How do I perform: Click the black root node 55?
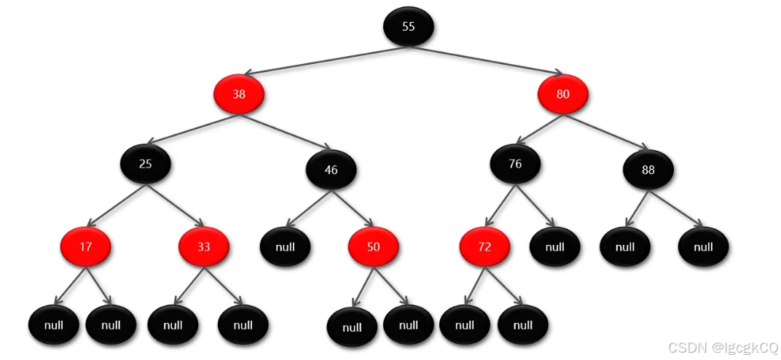408,27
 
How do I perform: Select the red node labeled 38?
238,95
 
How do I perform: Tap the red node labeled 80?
562,95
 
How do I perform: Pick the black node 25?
146,164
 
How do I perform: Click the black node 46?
331,170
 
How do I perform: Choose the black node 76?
515,164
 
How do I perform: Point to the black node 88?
648,171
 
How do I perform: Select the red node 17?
86,247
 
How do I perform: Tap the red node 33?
204,247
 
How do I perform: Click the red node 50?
373,247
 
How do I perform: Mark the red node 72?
484,247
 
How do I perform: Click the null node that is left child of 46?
285,247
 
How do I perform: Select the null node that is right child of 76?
554,247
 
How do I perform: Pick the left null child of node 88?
624,247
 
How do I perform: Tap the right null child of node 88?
703,247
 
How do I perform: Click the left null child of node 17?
54,325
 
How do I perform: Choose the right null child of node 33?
243,325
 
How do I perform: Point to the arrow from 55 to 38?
321,61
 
